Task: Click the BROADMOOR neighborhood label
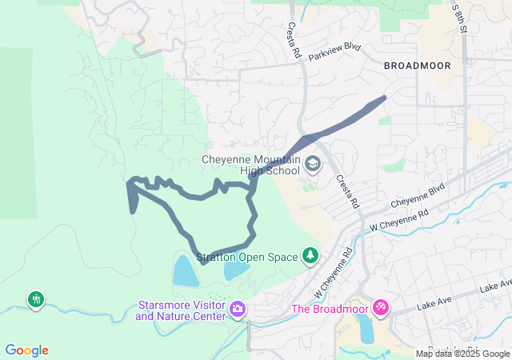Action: coord(416,65)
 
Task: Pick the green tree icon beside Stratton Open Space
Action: coord(310,256)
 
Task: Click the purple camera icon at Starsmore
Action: coord(238,309)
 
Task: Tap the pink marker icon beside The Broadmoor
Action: coord(381,307)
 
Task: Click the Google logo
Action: coord(26,350)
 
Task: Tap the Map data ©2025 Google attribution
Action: coord(462,354)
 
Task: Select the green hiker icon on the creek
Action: coord(36,300)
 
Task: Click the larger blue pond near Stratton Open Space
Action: coord(185,270)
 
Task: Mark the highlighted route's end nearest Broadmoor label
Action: coord(384,98)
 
